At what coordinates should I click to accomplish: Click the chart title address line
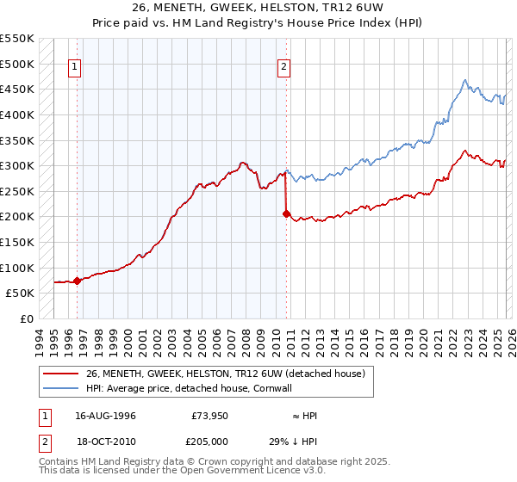point(258,9)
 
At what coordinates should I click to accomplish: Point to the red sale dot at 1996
point(77,281)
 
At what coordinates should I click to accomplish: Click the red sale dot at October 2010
point(286,214)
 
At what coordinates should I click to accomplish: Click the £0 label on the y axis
point(26,318)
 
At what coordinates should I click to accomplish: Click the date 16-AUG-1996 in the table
point(105,416)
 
